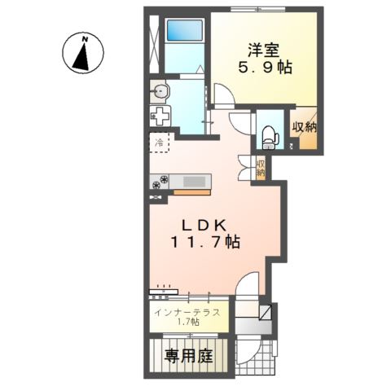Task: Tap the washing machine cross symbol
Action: pos(160,115)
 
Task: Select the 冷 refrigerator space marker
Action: pos(159,142)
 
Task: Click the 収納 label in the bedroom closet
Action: pos(305,128)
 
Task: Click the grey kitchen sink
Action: pos(195,181)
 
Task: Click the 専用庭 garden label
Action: pos(190,355)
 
